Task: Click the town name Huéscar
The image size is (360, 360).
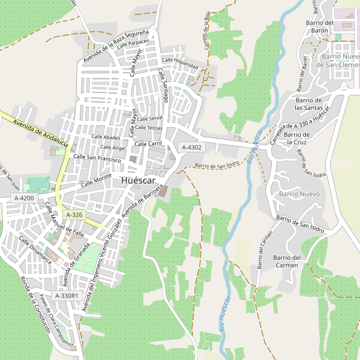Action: pyautogui.click(x=142, y=180)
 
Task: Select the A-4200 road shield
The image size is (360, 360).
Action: pyautogui.click(x=24, y=197)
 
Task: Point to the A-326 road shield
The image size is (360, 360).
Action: pyautogui.click(x=74, y=214)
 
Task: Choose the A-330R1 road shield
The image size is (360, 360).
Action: pyautogui.click(x=66, y=295)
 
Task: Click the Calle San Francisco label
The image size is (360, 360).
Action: pyautogui.click(x=97, y=158)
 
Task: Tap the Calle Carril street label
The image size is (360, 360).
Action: pyautogui.click(x=148, y=144)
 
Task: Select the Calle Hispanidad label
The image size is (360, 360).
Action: pyautogui.click(x=180, y=62)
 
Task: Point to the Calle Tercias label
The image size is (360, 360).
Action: pyautogui.click(x=149, y=128)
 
